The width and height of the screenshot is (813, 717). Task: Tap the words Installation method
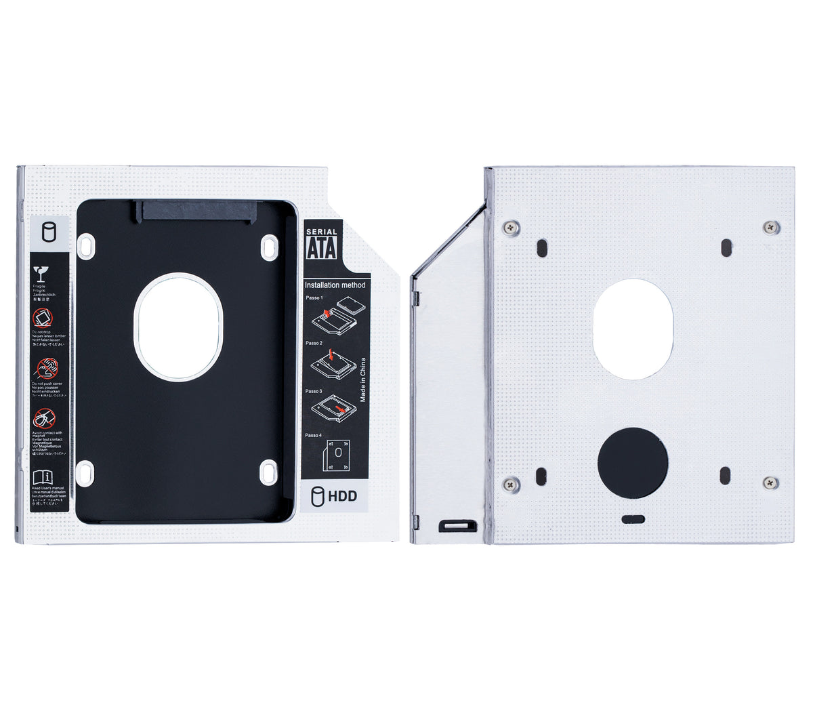pos(335,285)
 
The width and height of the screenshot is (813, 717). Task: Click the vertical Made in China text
pos(363,380)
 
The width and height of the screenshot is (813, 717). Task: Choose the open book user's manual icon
pos(41,476)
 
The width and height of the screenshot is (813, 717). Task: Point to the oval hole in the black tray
pos(178,327)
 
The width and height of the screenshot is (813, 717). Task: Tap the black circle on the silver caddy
pos(633,463)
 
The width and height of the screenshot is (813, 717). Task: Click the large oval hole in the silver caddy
pos(633,328)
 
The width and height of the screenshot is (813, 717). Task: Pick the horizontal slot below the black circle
pos(633,519)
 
